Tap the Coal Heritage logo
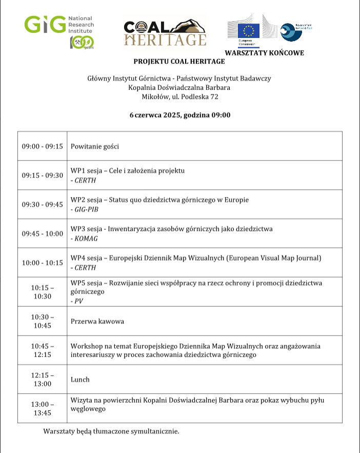[165, 33]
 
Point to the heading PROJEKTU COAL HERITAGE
[179, 62]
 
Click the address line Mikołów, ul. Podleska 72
[179, 96]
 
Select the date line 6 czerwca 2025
[179, 115]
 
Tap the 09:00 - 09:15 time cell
[42, 146]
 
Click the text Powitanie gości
[95, 146]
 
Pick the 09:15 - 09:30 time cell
[42, 175]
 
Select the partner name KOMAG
[84, 239]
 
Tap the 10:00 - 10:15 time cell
[42, 263]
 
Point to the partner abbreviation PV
[78, 301]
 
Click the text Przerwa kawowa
[97, 322]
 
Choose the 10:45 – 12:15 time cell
[42, 350]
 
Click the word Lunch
[80, 380]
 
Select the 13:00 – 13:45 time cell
[42, 408]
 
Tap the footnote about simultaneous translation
[111, 431]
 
